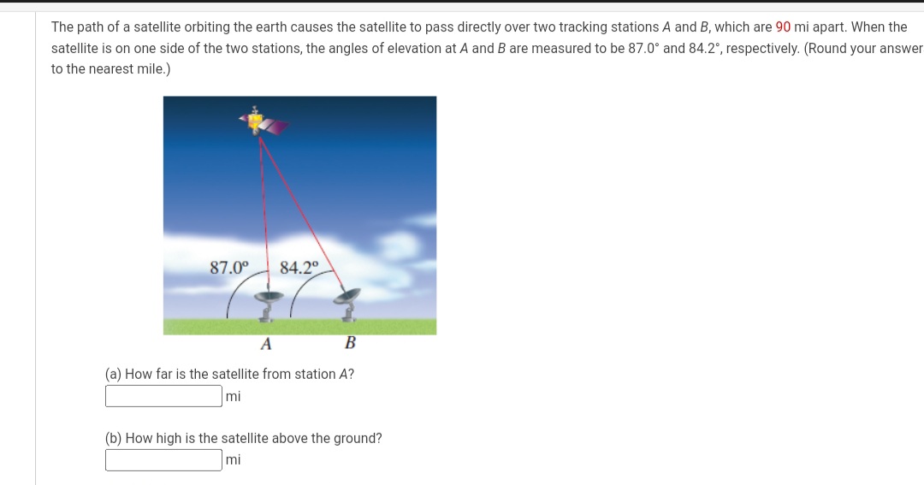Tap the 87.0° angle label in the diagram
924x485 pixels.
228,267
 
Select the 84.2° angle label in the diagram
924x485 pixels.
299,267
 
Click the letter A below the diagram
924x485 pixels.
266,344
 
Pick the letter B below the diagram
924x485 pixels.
349,344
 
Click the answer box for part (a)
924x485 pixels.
163,396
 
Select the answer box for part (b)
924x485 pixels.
163,460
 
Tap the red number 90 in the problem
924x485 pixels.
783,27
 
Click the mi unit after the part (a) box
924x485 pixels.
234,396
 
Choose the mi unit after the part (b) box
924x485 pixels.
234,460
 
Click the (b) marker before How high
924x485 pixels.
113,438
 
